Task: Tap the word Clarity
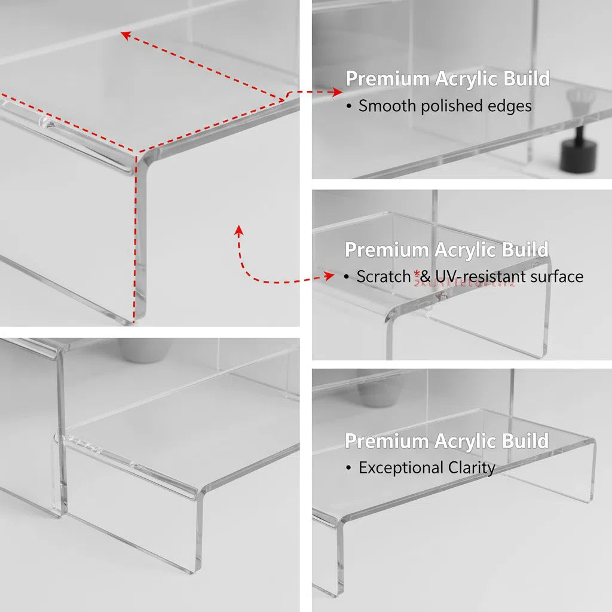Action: (470, 468)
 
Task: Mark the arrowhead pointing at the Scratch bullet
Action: (329, 276)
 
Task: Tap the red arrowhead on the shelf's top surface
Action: (125, 35)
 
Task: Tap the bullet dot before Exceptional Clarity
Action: (349, 469)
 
